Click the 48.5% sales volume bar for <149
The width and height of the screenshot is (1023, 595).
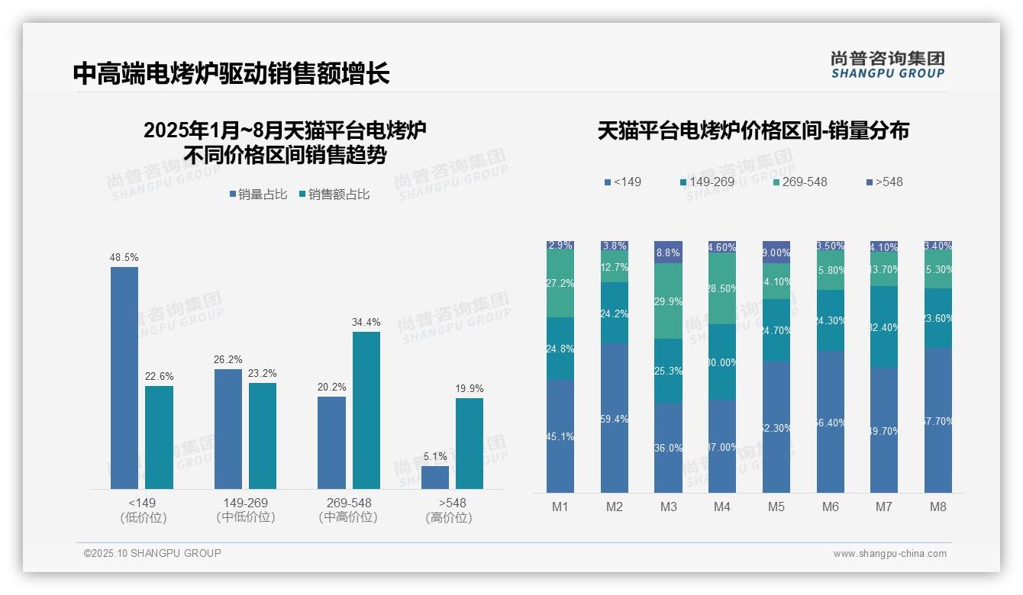(124, 378)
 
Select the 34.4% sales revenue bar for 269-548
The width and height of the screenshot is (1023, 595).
(366, 410)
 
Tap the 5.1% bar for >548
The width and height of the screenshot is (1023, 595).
(435, 477)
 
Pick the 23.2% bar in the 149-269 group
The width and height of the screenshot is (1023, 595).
(263, 435)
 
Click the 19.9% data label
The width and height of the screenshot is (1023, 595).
(470, 389)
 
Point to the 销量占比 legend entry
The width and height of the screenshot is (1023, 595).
(258, 195)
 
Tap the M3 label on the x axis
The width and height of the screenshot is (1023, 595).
(668, 507)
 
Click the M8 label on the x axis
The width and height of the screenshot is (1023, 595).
(938, 507)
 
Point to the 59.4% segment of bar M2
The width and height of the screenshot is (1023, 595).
(615, 418)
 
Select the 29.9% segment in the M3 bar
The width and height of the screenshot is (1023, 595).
(668, 301)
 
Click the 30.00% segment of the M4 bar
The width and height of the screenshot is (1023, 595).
(722, 362)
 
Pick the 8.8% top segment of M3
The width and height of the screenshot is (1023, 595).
(668, 252)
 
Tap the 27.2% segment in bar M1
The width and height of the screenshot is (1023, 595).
(560, 284)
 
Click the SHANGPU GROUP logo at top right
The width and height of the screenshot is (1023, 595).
(888, 65)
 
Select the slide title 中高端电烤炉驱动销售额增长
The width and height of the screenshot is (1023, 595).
(231, 73)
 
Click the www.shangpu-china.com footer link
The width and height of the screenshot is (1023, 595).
(889, 554)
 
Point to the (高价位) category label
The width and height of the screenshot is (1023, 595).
(449, 517)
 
